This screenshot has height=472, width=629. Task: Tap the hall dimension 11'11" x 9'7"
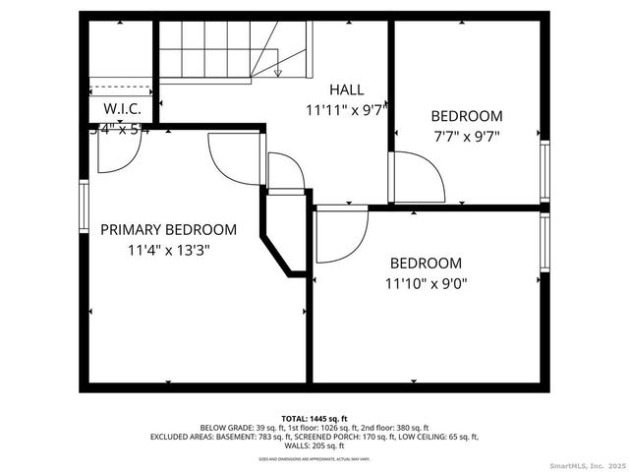pos(343,109)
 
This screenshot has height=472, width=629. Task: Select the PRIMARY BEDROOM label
pos(168,229)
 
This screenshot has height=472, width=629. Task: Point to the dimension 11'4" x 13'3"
pos(168,250)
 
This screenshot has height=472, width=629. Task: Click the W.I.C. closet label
pos(122,109)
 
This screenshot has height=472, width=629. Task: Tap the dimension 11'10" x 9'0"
pos(426,283)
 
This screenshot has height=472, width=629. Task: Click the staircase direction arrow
pos(278,71)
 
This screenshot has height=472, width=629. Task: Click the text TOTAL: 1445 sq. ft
pos(314,418)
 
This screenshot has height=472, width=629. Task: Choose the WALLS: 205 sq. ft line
pos(314,445)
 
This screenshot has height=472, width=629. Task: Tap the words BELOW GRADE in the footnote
pos(225,428)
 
